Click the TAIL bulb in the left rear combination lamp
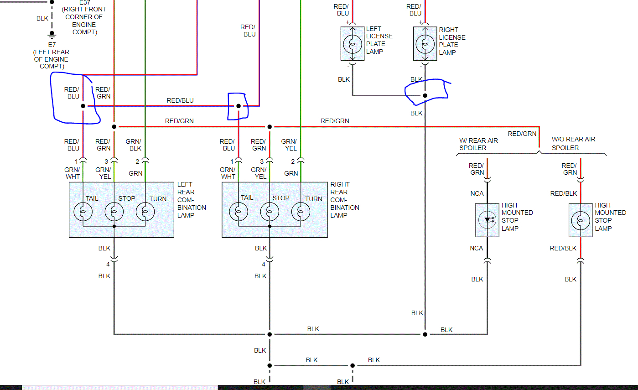(83, 212)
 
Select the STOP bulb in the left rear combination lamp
(114, 212)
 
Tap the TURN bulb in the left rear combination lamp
(145, 212)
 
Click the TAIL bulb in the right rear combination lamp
(239, 212)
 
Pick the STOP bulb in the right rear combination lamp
(270, 212)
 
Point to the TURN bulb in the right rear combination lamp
(301, 212)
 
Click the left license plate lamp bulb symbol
(353, 44)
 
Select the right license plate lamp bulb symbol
(425, 44)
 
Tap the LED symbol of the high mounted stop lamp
(487, 220)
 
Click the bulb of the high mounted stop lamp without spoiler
(581, 220)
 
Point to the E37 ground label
(84, 2)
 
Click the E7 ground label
(52, 45)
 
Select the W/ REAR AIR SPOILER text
(478, 144)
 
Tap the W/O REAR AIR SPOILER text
(573, 143)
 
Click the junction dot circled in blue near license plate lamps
(425, 96)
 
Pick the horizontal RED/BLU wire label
(180, 100)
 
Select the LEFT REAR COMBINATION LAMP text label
(192, 200)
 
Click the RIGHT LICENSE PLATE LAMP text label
(452, 41)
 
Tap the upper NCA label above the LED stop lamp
(477, 193)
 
